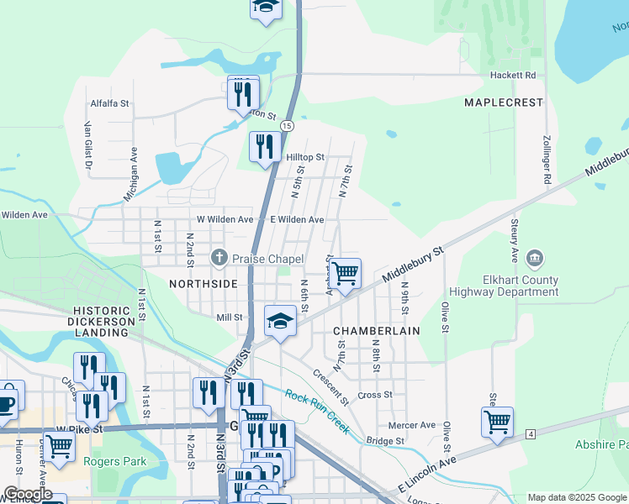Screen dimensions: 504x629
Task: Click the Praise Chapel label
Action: click(267, 259)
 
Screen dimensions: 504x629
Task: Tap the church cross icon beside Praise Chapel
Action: click(219, 258)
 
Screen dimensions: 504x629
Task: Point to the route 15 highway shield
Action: click(288, 125)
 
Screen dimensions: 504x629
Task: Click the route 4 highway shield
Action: click(531, 433)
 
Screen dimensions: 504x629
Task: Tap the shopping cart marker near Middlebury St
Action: click(345, 274)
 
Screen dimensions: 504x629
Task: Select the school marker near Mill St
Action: click(281, 321)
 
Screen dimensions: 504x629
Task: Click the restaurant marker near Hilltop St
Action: click(265, 147)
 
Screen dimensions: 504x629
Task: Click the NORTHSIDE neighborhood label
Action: click(203, 284)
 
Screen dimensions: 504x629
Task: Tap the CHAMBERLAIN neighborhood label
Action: click(377, 331)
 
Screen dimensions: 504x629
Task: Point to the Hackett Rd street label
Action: click(513, 75)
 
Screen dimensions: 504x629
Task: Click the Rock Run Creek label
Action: click(317, 410)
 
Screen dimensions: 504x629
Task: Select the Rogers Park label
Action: click(115, 461)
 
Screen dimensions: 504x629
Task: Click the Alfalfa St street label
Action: click(110, 104)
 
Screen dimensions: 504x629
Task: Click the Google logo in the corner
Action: click(28, 494)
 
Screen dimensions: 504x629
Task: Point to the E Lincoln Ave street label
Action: click(427, 474)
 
